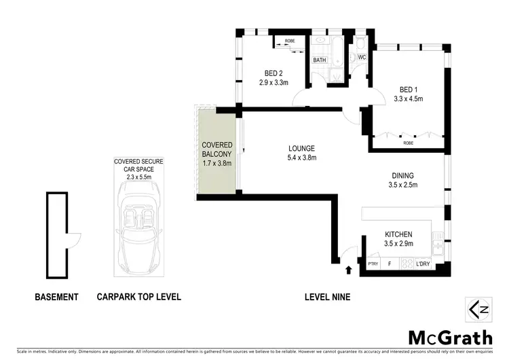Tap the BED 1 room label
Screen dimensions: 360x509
pyautogui.click(x=408, y=90)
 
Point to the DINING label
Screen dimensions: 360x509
pyautogui.click(x=408, y=175)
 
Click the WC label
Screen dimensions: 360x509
pyautogui.click(x=362, y=58)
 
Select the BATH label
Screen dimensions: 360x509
pyautogui.click(x=320, y=60)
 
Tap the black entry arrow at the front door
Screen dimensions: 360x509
pyautogui.click(x=350, y=270)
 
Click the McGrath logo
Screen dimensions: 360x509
pyautogui.click(x=450, y=337)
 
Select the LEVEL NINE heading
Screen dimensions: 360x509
pyautogui.click(x=326, y=298)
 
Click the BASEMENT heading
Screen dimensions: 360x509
pyautogui.click(x=57, y=298)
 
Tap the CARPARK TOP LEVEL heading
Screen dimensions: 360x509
pyautogui.click(x=138, y=298)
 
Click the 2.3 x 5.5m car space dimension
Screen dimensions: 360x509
pyautogui.click(x=138, y=177)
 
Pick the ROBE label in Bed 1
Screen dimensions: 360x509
pyautogui.click(x=408, y=143)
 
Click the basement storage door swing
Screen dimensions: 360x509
pyautogui.click(x=74, y=238)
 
